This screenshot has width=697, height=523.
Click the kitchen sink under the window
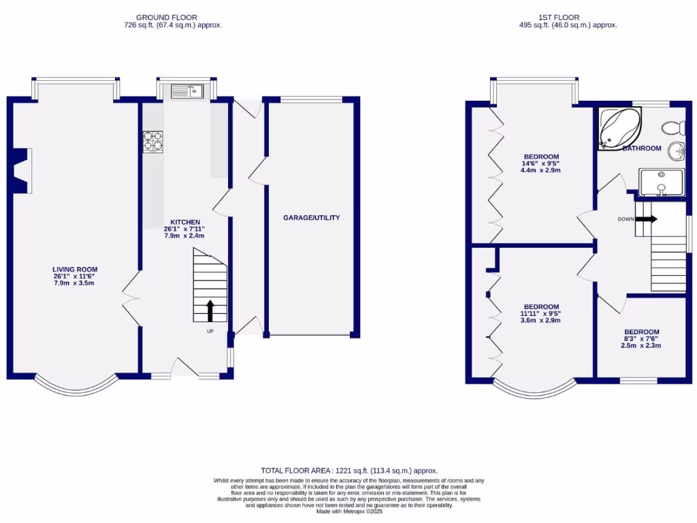point(184,91)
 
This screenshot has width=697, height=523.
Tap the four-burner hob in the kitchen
point(153,142)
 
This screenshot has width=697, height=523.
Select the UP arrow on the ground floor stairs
point(210,311)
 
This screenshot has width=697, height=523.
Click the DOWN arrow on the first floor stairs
point(647,219)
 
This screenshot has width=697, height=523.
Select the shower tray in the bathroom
point(661,182)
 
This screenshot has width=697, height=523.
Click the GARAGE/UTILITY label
point(311,218)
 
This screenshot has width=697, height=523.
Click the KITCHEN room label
point(184,222)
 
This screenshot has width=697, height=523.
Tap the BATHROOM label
point(642,148)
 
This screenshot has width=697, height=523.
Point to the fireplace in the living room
point(22,171)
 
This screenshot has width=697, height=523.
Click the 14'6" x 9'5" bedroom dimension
point(540,163)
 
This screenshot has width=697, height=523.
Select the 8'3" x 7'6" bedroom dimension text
point(641,338)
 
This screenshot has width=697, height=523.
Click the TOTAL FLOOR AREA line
point(349,471)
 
